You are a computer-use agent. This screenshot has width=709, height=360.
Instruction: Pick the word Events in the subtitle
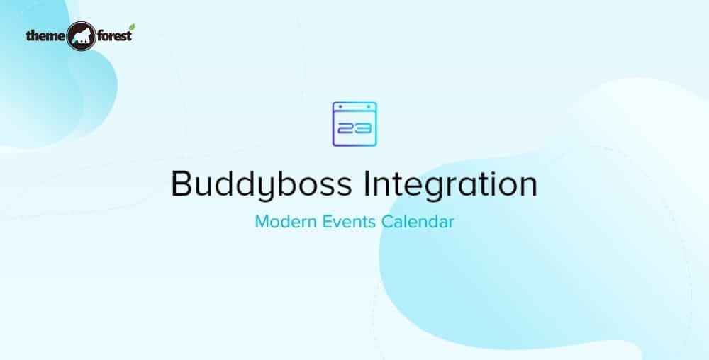[x=345, y=222]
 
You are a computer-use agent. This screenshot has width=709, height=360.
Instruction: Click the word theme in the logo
[x=45, y=35]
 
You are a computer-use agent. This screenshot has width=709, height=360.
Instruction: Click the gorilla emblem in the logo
[x=81, y=37]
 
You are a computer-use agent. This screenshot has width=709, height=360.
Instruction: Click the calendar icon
[x=354, y=124]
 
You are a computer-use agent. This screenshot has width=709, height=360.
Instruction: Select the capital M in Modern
[x=262, y=222]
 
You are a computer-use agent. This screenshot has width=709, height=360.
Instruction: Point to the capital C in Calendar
[x=387, y=222]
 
